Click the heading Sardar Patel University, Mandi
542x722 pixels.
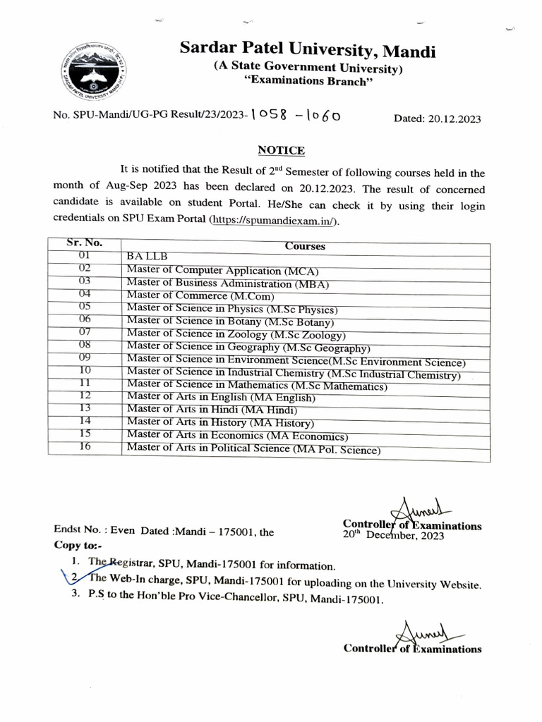308,50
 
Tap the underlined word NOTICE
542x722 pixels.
281,150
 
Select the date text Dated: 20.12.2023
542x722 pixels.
437,118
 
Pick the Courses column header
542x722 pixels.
305,246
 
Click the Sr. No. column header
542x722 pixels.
85,242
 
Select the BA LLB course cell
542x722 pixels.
147,257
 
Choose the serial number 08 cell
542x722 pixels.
85,345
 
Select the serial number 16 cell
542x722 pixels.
85,446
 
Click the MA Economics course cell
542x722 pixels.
237,436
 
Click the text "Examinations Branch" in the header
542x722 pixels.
308,82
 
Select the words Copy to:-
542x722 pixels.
78,545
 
